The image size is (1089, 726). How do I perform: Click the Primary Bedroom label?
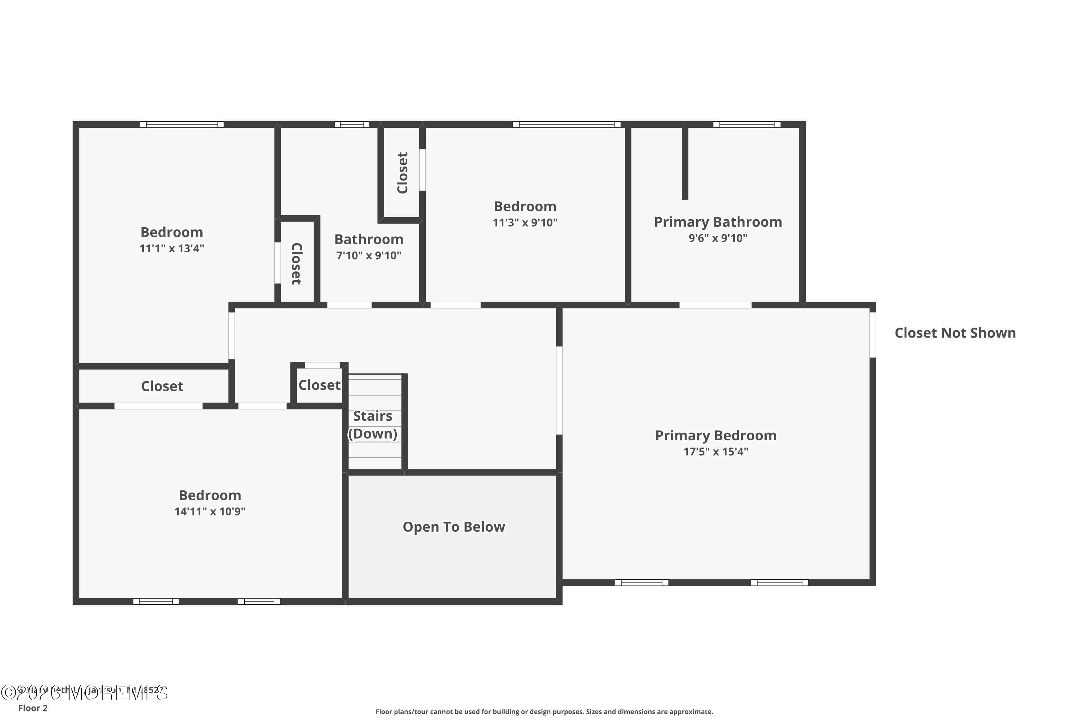[x=715, y=435]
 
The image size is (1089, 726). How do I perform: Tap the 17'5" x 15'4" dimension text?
[x=715, y=452]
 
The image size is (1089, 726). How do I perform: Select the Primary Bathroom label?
[x=718, y=222]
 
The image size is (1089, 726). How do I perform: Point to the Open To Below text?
[x=453, y=527]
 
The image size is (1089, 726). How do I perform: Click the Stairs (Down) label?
[x=373, y=425]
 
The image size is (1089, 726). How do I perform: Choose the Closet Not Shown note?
[x=955, y=333]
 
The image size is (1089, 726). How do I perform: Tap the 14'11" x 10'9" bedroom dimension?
[x=210, y=511]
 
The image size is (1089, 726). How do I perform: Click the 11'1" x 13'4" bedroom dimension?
[x=171, y=249]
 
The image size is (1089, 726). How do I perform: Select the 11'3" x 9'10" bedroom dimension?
[x=525, y=223]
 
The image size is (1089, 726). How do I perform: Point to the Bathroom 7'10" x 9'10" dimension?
[x=368, y=256]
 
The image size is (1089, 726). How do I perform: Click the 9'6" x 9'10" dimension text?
[x=718, y=238]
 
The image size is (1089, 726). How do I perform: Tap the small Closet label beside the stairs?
[x=319, y=385]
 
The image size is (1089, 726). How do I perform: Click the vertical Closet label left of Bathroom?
[x=296, y=264]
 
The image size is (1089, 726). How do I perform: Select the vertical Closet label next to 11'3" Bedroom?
[x=402, y=173]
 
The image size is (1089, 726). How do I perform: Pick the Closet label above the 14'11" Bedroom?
[x=162, y=386]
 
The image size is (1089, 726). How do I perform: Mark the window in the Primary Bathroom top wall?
[x=746, y=125]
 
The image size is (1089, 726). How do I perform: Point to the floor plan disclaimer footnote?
[x=544, y=711]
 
